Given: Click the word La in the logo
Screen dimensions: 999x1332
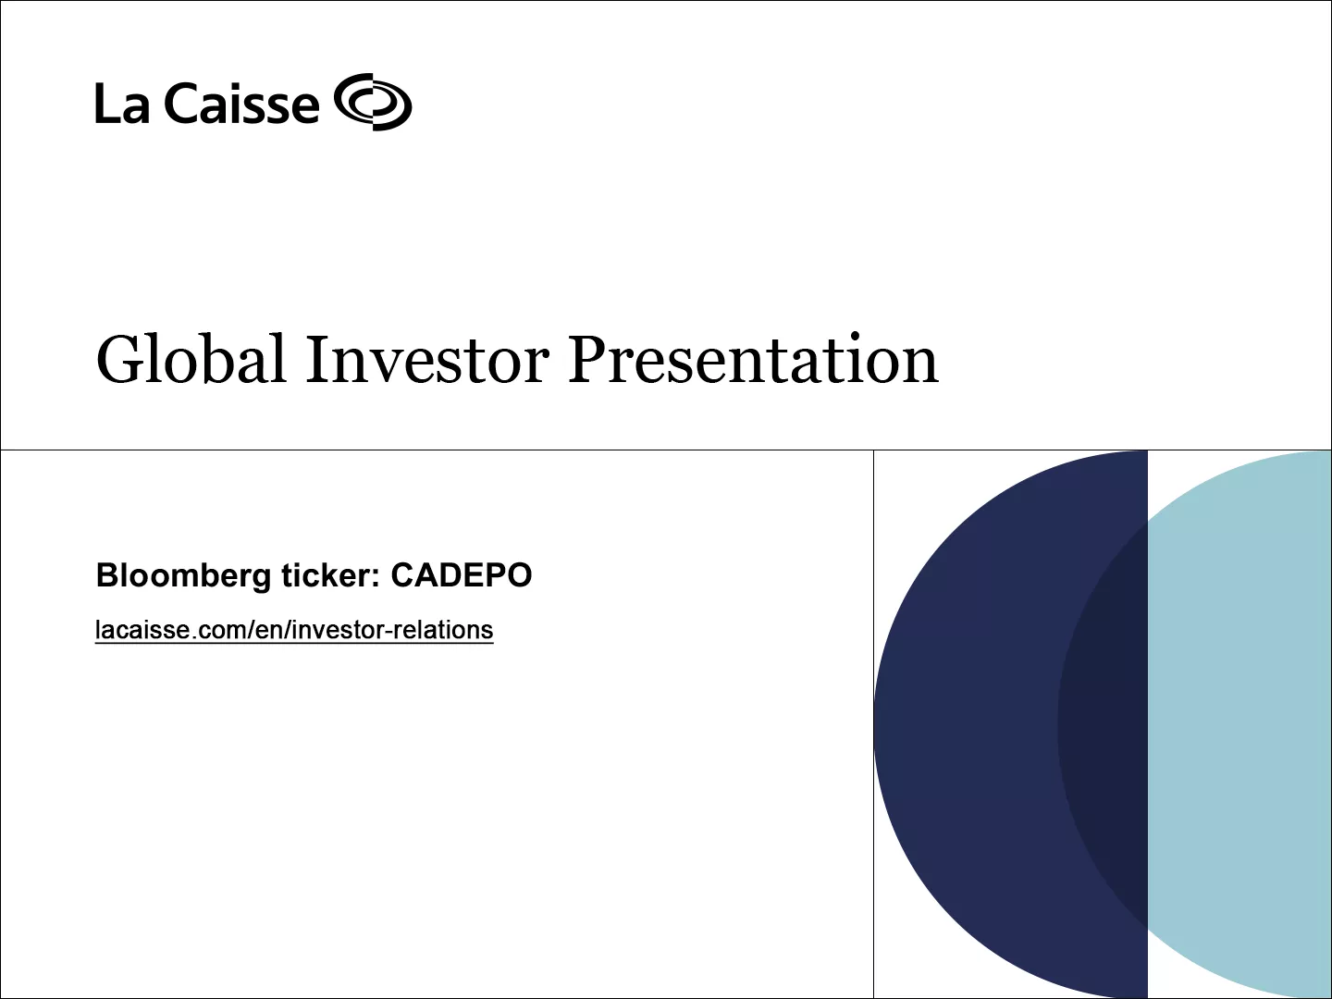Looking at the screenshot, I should (121, 104).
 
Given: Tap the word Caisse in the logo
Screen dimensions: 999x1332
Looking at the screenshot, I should (242, 104).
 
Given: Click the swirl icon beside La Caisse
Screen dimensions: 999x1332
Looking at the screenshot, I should (373, 102).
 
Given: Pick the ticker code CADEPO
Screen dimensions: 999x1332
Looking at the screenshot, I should (462, 575).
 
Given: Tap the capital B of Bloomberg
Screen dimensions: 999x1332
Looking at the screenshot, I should (106, 575).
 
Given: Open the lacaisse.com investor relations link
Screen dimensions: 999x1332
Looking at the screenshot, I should (294, 630).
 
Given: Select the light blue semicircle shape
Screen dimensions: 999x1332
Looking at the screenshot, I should (1249, 721).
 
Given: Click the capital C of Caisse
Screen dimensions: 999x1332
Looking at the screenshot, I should (180, 104).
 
